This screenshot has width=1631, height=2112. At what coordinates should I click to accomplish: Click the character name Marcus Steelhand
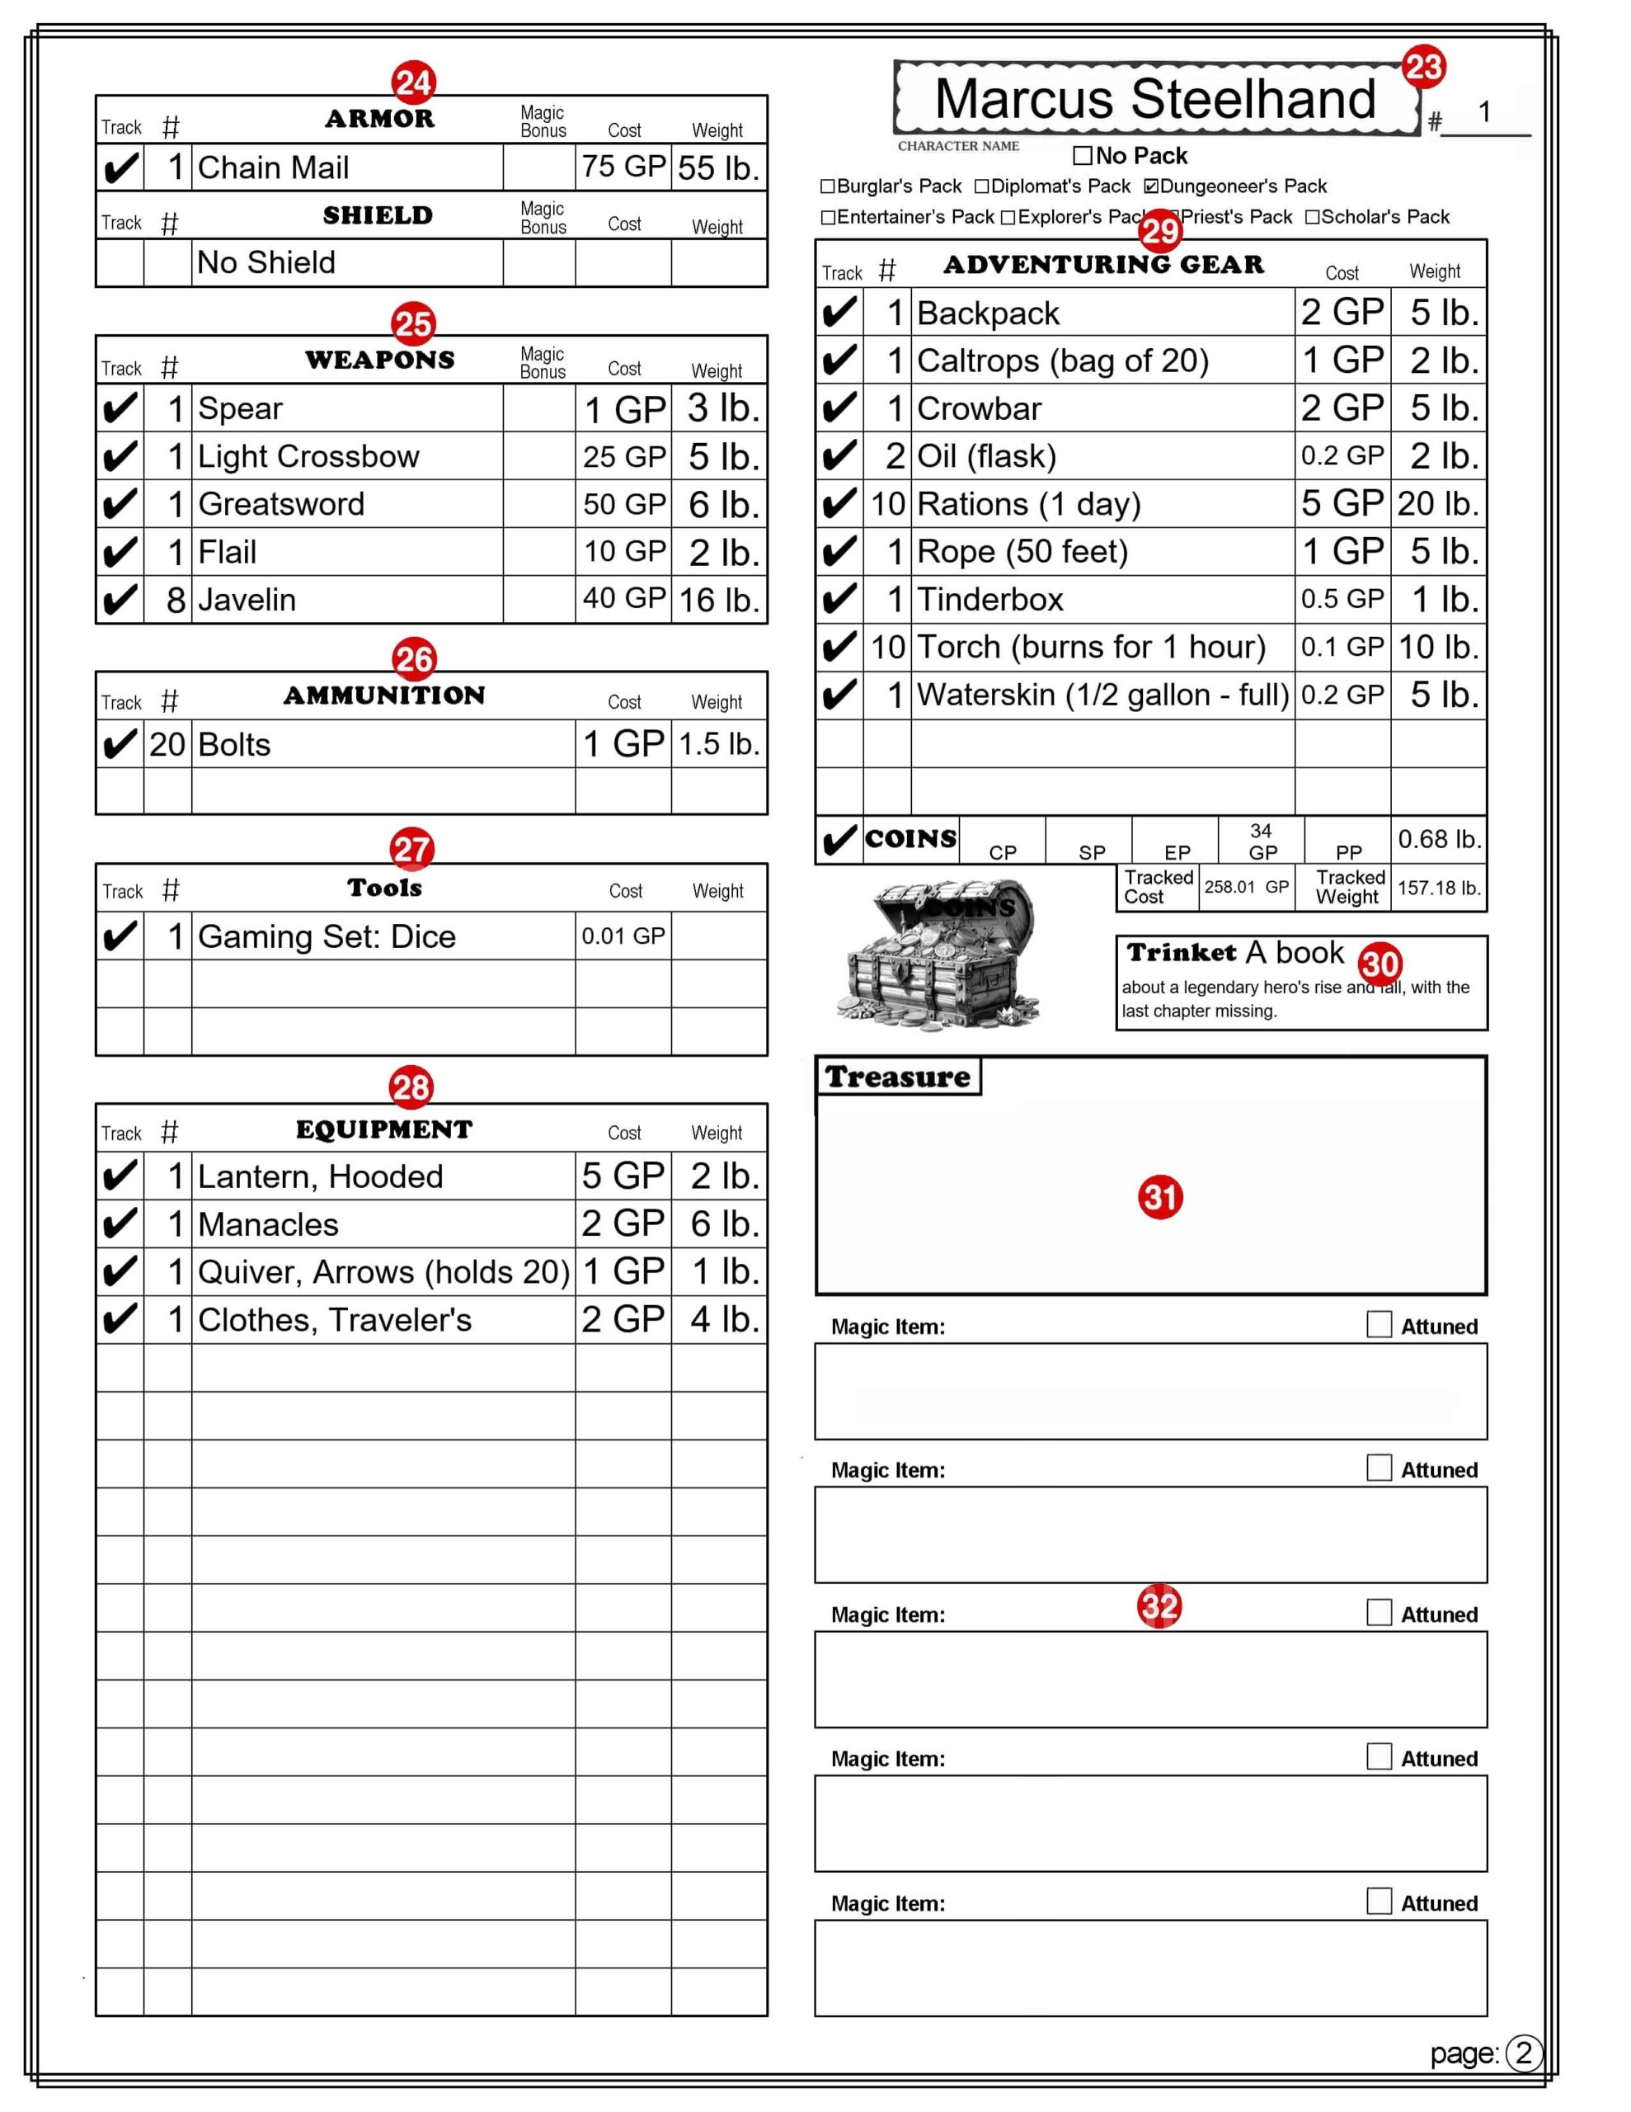(1154, 100)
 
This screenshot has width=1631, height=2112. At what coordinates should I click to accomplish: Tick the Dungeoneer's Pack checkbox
(1150, 186)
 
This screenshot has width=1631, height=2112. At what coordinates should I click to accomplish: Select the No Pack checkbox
(1082, 156)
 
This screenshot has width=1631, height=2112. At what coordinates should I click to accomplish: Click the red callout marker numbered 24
(413, 83)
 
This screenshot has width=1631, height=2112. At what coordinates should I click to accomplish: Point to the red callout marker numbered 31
(1160, 1197)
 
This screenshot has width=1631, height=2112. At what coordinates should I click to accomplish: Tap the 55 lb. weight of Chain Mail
(717, 168)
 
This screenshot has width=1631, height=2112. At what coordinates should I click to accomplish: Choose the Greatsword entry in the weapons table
(281, 505)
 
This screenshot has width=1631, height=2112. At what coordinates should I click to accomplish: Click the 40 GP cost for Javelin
(623, 600)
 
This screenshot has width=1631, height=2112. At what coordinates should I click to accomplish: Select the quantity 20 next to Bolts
(167, 745)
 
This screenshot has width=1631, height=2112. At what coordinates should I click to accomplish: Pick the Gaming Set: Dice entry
(327, 937)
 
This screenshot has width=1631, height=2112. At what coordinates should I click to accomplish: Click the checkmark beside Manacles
(120, 1225)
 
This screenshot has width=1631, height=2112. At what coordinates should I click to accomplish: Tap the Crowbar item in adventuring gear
(979, 409)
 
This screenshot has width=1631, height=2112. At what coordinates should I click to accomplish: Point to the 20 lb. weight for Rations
(1438, 504)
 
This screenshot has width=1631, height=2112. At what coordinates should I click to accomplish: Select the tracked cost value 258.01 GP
(1245, 888)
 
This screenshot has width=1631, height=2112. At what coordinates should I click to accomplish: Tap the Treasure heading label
(897, 1077)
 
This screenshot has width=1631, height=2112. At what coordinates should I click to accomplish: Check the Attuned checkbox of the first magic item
(1379, 1325)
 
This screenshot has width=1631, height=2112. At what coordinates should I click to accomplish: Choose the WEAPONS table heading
(380, 361)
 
